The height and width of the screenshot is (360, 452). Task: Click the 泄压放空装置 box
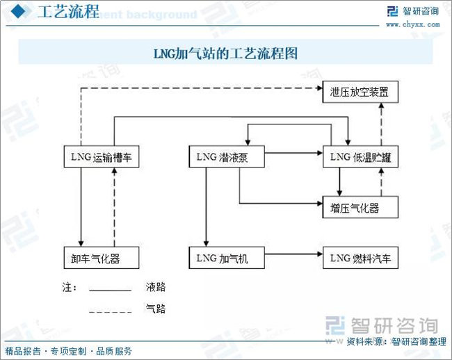click(x=360, y=92)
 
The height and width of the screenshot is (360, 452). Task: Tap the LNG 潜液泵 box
click(x=227, y=158)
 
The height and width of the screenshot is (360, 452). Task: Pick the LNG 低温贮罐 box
click(x=360, y=158)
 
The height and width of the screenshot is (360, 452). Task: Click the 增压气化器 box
click(x=360, y=206)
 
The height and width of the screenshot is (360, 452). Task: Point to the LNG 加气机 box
click(x=227, y=259)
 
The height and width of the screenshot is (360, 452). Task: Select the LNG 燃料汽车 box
click(x=360, y=259)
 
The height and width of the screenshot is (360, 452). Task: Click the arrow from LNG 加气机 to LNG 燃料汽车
click(x=293, y=255)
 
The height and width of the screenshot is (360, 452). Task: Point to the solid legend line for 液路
click(x=110, y=290)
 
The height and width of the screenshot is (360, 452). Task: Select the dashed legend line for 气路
click(x=110, y=312)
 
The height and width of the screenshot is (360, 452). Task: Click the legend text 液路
click(x=156, y=286)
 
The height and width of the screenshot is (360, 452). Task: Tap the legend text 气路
click(x=156, y=309)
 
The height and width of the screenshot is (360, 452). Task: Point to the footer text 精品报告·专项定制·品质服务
click(x=68, y=351)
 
